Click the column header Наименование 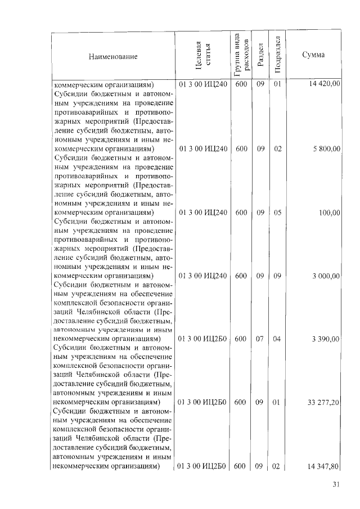tap(112, 57)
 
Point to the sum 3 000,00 tap(326, 276)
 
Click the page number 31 tap(336, 484)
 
